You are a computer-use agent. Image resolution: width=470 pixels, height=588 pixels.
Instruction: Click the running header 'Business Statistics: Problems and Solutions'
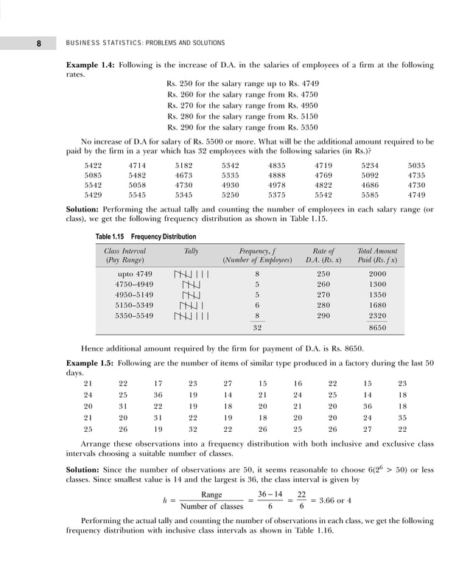pyautogui.click(x=145, y=43)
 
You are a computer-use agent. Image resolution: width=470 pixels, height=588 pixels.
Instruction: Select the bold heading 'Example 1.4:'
pyautogui.click(x=90, y=66)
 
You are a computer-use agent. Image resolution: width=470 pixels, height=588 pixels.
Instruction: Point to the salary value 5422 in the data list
pyautogui.click(x=94, y=167)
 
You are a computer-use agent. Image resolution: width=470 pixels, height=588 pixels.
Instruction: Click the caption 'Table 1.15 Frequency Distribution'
pyautogui.click(x=147, y=237)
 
